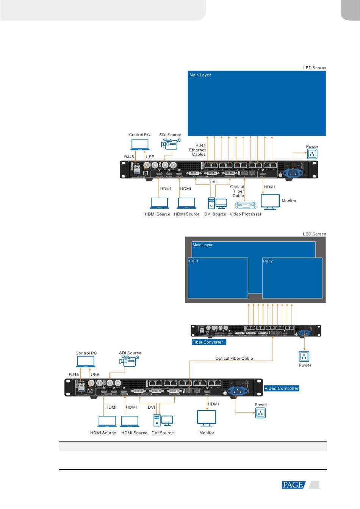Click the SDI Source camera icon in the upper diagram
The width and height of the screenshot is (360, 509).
pyautogui.click(x=170, y=144)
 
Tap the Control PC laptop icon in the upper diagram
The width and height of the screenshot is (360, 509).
pyautogui.click(x=140, y=145)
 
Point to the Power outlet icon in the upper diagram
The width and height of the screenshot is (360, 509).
pyautogui.click(x=312, y=154)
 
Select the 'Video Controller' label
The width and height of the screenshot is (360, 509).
pyautogui.click(x=282, y=388)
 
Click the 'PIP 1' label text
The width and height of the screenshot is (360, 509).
pyautogui.click(x=194, y=261)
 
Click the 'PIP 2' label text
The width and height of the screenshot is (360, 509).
pyautogui.click(x=268, y=261)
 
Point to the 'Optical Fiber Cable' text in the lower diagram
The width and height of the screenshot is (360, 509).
pyautogui.click(x=234, y=358)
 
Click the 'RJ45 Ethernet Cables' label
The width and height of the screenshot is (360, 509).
pyautogui.click(x=198, y=150)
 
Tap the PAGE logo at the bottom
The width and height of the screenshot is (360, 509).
pyautogui.click(x=293, y=485)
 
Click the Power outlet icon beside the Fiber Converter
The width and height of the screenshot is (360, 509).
pyautogui.click(x=305, y=356)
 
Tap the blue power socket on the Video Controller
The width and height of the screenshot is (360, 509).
pyautogui.click(x=238, y=390)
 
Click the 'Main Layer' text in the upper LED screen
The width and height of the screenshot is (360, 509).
pyautogui.click(x=200, y=75)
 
